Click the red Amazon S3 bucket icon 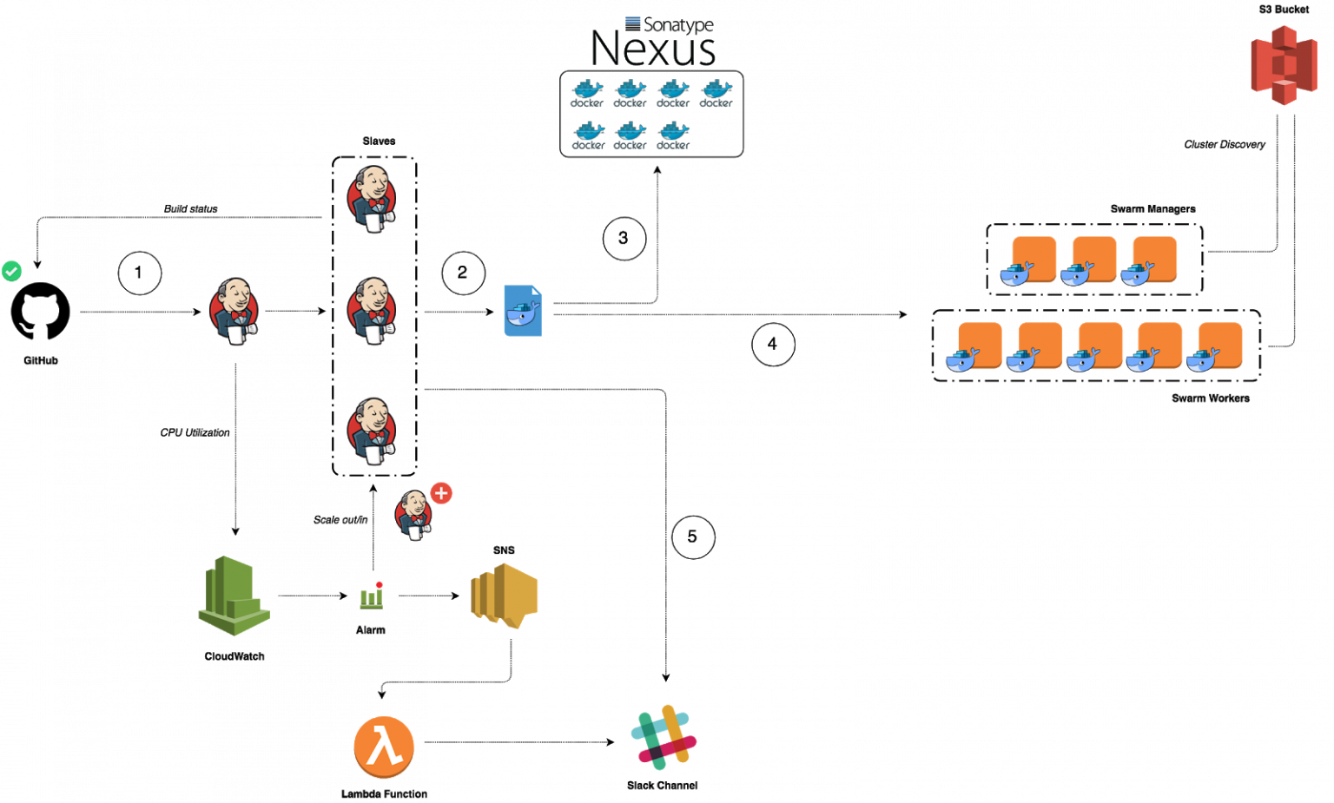(x=1284, y=65)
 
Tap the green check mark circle (x=11, y=271)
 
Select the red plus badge (x=441, y=493)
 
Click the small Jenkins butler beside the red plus (x=413, y=515)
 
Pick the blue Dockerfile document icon (x=522, y=311)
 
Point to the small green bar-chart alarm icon (x=371, y=596)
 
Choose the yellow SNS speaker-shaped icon (x=505, y=596)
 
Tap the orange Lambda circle (x=384, y=747)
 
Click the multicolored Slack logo (x=664, y=737)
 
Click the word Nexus (x=653, y=49)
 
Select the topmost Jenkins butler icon (x=372, y=199)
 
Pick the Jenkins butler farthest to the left (x=234, y=311)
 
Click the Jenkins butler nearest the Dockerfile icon (x=372, y=311)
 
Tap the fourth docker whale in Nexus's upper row (x=717, y=93)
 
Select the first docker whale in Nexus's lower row (x=588, y=135)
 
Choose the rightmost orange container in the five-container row (x=1218, y=346)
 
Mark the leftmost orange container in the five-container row (x=977, y=346)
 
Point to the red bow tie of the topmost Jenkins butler (x=377, y=203)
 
